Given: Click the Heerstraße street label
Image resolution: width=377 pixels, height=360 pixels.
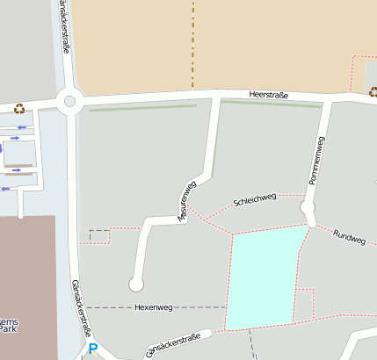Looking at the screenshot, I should tap(269, 94).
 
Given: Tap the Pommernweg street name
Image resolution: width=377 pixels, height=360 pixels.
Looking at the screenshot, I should tap(317, 160).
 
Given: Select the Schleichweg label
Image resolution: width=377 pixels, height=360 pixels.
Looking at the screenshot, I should tap(255, 200).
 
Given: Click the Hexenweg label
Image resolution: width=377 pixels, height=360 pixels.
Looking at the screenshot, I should tap(155, 307).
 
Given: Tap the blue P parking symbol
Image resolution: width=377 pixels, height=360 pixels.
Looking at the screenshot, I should tap(93, 349).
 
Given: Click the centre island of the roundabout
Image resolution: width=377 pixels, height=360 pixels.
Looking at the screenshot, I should tap(69, 101).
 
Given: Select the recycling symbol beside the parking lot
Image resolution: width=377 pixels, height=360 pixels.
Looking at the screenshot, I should tap(19, 110).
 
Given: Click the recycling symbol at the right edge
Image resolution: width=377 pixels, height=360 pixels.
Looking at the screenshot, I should tap(373, 90).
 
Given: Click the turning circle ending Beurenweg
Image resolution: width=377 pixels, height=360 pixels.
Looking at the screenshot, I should tap(136, 284).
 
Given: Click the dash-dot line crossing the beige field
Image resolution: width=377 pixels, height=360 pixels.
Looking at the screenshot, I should tap(192, 44).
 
